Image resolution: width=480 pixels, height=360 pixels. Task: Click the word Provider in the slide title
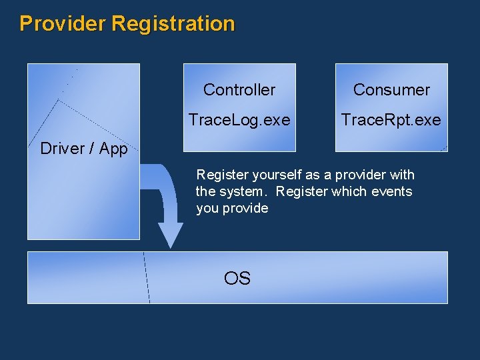pos(63,24)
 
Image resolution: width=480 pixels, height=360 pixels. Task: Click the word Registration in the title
pos(173,24)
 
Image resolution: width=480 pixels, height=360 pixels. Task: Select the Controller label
pos(239,89)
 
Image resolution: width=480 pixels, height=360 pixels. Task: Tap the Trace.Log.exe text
pos(239,120)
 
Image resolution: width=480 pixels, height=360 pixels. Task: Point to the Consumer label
pos(391,89)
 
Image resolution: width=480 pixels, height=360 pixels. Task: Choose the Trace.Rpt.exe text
pos(391,120)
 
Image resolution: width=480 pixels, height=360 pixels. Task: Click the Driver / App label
pos(83,149)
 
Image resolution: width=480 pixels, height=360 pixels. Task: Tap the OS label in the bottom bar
pos(237,278)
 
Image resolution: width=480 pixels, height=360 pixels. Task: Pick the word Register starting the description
pos(218,175)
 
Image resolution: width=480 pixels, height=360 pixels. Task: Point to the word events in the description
pos(393,192)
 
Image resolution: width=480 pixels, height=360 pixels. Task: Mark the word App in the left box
pos(113,149)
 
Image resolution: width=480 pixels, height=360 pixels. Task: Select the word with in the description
pos(402,175)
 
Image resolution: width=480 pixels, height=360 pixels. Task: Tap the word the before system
pos(205,192)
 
